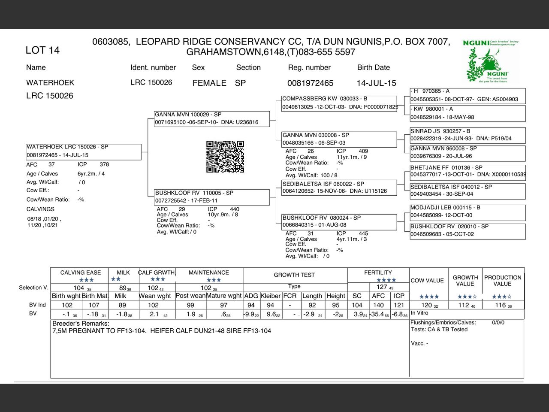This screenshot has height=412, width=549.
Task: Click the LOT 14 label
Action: [x=42, y=50]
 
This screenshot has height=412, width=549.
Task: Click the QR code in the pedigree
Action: [x=225, y=157]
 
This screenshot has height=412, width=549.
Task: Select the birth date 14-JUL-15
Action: [x=376, y=83]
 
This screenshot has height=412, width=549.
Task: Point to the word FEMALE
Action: [x=209, y=83]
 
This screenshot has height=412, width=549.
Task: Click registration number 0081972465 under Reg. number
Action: [x=310, y=83]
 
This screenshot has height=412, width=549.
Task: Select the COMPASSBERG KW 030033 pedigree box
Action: [x=339, y=103]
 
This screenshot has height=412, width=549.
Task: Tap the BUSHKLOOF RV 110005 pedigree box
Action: [x=212, y=197]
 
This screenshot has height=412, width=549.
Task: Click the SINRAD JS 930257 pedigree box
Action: [x=468, y=135]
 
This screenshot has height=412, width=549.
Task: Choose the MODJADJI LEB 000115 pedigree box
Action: [x=468, y=212]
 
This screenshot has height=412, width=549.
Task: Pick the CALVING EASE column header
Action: [x=81, y=273]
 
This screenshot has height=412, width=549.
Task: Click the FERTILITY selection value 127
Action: [x=382, y=287]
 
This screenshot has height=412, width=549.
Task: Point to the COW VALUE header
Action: [x=427, y=281]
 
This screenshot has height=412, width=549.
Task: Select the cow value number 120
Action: [x=427, y=305]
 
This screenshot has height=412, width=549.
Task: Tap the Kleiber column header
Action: [x=270, y=296]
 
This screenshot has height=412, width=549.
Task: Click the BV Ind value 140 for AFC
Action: [x=378, y=305]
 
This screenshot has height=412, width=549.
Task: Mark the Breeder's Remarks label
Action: [x=81, y=323]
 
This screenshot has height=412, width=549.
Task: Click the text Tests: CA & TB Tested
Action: [x=439, y=330]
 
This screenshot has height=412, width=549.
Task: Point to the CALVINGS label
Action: [x=40, y=209]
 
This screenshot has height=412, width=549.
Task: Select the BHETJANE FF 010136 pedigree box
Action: [x=468, y=171]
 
